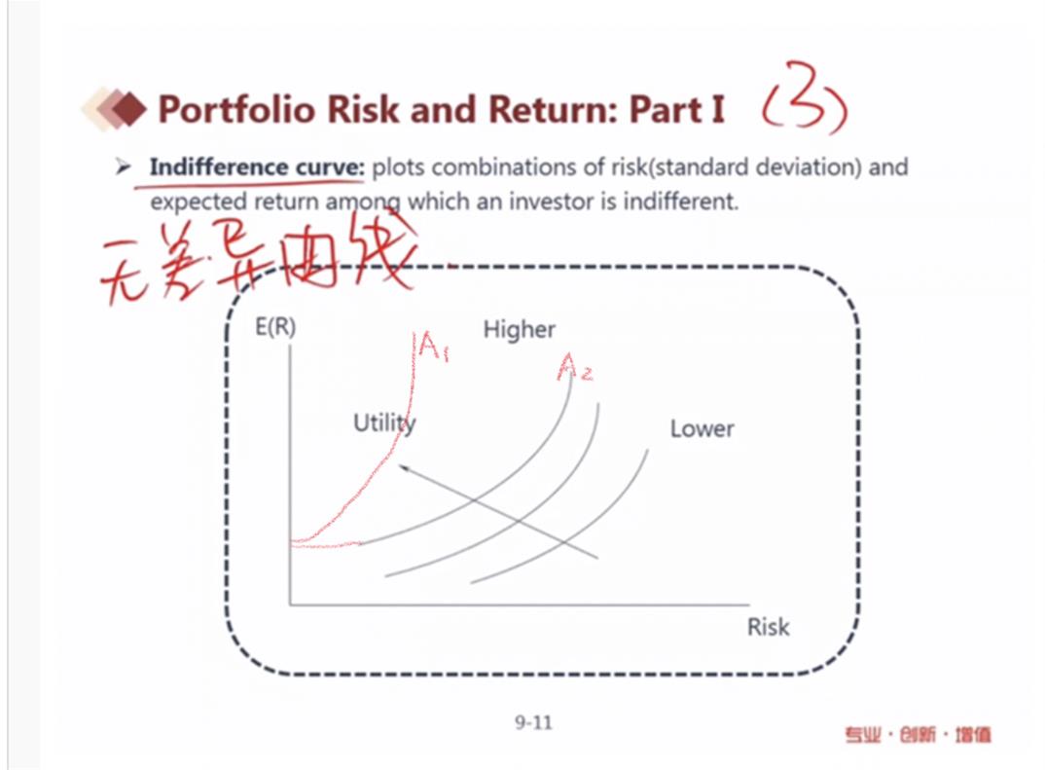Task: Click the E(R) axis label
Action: point(275,327)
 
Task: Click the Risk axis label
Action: point(768,627)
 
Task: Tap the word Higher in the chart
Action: point(520,329)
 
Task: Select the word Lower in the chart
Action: point(702,428)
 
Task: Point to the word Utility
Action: point(384,422)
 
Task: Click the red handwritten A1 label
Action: point(431,346)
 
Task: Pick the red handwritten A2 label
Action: point(574,366)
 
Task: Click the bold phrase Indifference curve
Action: point(257,166)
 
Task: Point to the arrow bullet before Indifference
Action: point(123,166)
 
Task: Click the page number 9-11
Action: point(533,722)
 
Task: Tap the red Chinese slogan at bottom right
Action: point(918,735)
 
